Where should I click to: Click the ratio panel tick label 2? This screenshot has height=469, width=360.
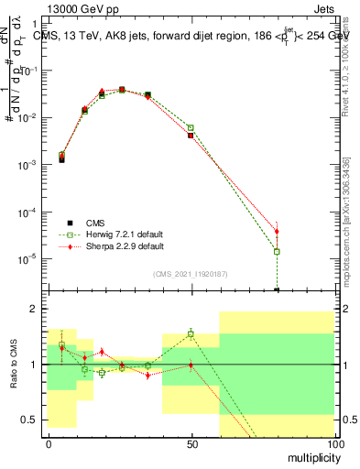(37, 310)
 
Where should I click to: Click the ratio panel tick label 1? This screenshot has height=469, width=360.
(37, 365)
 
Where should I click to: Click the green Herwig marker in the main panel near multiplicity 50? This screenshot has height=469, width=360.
(191, 128)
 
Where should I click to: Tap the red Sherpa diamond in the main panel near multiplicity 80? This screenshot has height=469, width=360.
(277, 232)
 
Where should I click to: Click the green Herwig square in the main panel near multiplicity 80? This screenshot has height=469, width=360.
(277, 251)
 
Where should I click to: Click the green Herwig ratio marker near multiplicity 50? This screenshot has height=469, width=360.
(191, 333)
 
